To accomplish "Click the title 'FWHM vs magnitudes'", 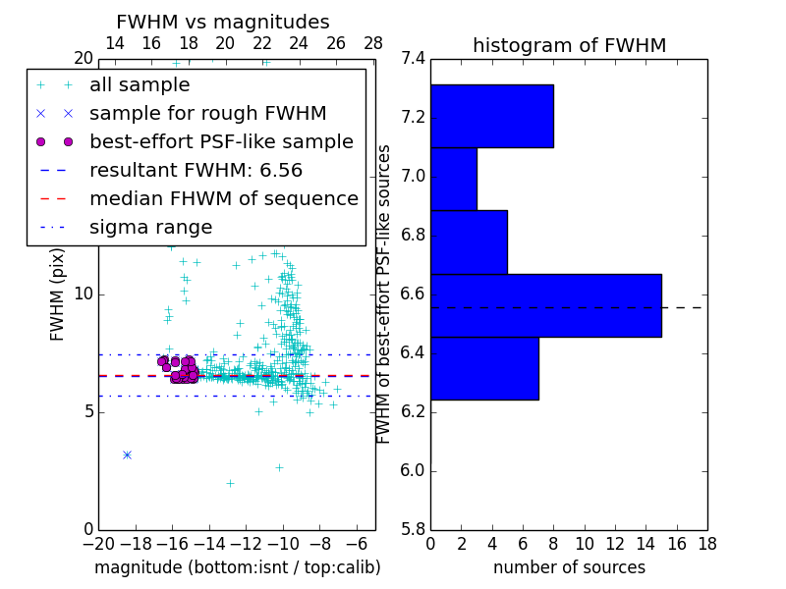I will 223,23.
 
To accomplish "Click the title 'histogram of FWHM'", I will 569,45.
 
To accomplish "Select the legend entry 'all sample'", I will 140,85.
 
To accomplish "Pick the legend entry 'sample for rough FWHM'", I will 207,113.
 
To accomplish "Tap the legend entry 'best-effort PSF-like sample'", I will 221,141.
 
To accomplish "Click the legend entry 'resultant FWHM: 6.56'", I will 196,170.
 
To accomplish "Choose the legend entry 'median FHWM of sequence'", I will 223,198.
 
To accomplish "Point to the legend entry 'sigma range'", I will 150,227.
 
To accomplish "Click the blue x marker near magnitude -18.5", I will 127,455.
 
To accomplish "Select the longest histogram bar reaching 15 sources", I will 545,305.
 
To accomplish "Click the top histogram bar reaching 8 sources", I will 491,116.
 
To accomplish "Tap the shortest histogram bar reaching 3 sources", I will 453,179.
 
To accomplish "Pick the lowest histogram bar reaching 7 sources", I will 484,368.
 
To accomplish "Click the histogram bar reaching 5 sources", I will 469,241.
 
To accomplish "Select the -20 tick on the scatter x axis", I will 98,544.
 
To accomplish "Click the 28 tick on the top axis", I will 373,43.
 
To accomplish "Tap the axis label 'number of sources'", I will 569,567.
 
